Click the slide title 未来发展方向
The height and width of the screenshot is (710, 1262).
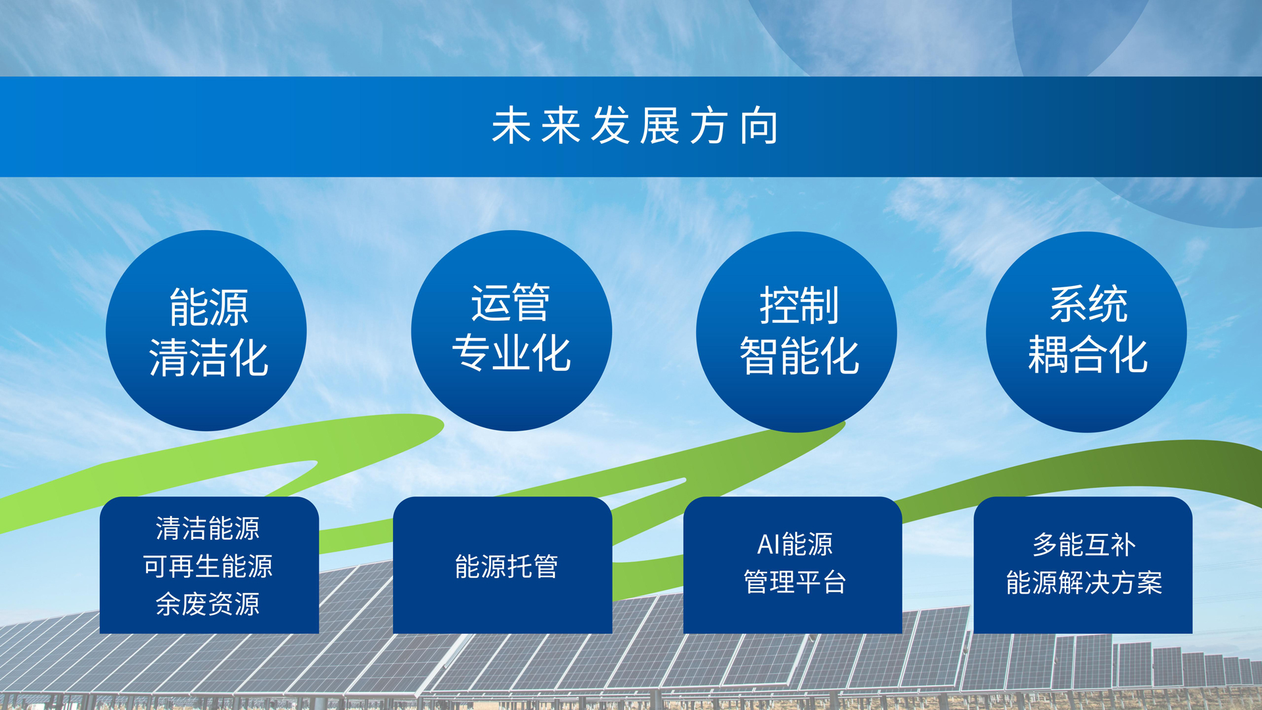pos(635,126)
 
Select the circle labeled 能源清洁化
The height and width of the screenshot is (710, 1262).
pos(206,331)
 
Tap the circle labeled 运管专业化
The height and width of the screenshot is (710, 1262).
pos(511,331)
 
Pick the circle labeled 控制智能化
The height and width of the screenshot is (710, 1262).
pos(797,332)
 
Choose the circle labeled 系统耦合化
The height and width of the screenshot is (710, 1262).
pos(1087,332)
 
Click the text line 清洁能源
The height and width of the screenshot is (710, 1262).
pos(208,528)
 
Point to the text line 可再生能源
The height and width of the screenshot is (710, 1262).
pos(208,566)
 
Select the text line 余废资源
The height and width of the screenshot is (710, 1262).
pos(208,604)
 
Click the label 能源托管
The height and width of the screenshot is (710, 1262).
pos(506,566)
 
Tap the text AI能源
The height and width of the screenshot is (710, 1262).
pos(795,544)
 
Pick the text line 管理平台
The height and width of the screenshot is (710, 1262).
pos(795,582)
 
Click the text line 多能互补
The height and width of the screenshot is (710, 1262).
pos(1084,544)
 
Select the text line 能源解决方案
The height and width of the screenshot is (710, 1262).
pos(1084,582)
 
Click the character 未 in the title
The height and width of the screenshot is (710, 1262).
pos(511,126)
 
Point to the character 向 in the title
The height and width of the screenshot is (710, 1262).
pos(759,126)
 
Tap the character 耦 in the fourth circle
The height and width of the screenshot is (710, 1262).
pos(1048,354)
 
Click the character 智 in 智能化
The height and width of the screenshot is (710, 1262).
pos(760,356)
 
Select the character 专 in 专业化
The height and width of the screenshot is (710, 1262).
pos(471,353)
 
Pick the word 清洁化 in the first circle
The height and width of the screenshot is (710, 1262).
pos(209,358)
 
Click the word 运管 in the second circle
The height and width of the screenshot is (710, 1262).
pos(511,303)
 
